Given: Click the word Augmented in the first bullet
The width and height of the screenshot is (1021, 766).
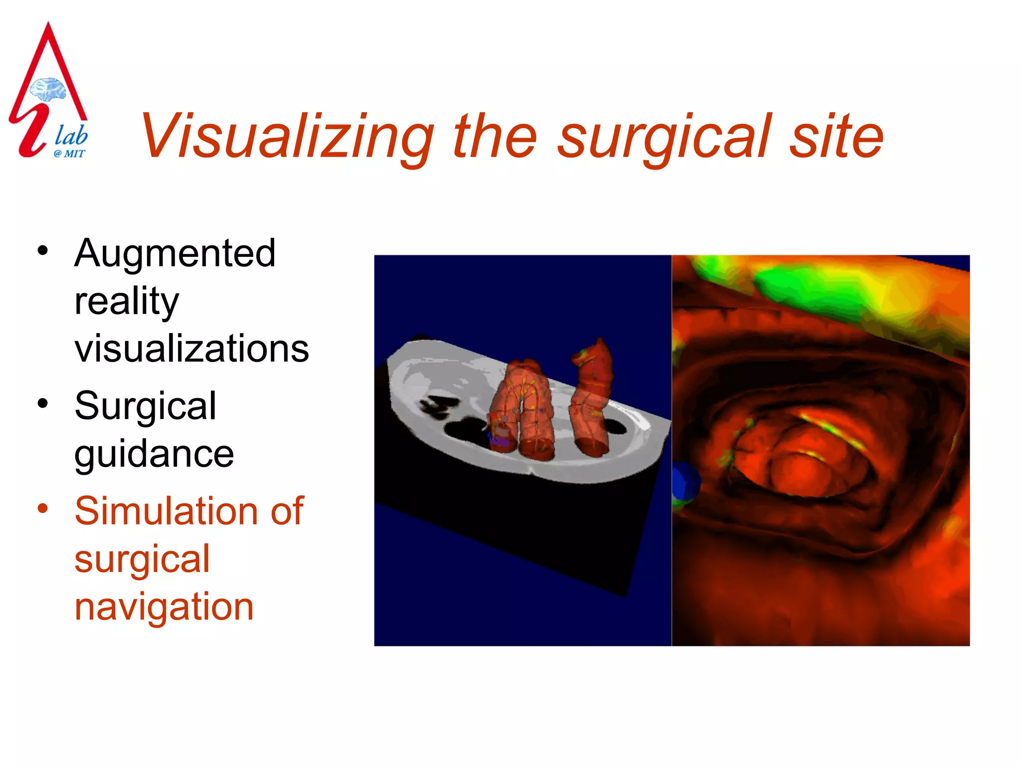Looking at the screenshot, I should pos(174,253).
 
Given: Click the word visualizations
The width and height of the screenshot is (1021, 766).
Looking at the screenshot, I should pos(191,349).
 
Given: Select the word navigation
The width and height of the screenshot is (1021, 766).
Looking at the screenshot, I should pos(164,607).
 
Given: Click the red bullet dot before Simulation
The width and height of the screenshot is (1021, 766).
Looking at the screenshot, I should pos(43,508).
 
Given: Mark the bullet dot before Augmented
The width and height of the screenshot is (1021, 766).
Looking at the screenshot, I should pos(43,250).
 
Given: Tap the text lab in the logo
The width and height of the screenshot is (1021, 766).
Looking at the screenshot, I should pos(71,135).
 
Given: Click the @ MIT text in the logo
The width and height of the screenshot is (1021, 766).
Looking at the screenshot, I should pos(70,154).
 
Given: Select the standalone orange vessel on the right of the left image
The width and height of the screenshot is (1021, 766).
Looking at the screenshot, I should pos(592,399).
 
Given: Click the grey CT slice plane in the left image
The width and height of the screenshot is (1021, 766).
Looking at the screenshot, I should pos(439,379).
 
